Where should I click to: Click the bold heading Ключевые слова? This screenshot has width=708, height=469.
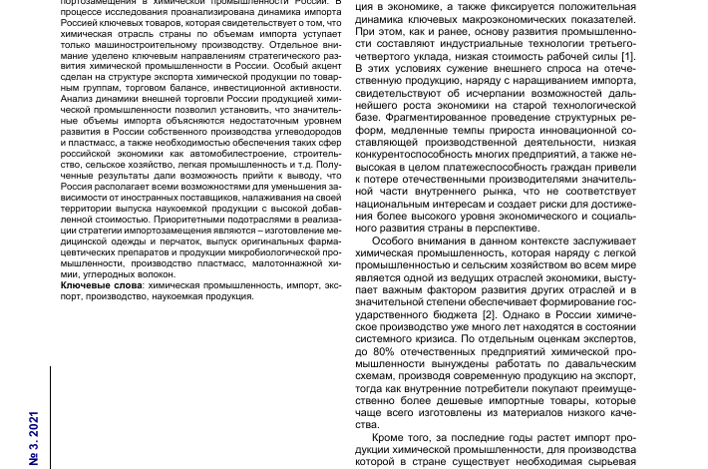(x=101, y=285)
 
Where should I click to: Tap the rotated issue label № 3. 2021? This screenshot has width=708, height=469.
(x=34, y=438)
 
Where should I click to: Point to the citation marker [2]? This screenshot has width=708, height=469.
(x=489, y=314)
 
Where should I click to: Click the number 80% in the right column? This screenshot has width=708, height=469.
(x=384, y=351)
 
